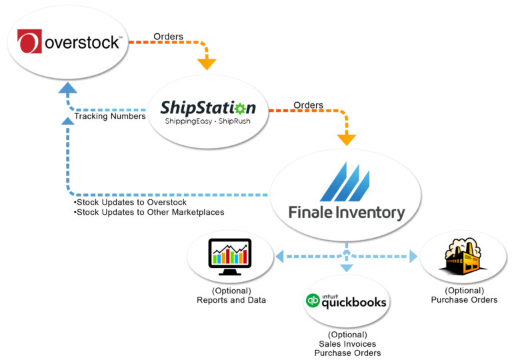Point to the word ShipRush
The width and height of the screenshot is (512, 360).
(233, 123)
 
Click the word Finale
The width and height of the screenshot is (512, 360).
(310, 213)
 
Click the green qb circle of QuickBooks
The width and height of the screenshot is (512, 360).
(313, 302)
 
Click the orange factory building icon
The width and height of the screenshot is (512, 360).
(463, 257)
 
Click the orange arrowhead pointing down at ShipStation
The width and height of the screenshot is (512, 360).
(207, 65)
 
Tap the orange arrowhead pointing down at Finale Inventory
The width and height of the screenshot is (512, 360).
(346, 140)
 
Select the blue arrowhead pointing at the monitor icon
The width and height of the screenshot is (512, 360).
(279, 256)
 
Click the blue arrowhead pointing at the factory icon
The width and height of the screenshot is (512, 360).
(413, 256)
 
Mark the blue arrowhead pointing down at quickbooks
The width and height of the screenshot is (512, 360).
(346, 268)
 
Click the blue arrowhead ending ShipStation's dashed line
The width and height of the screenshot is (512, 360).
(67, 89)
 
